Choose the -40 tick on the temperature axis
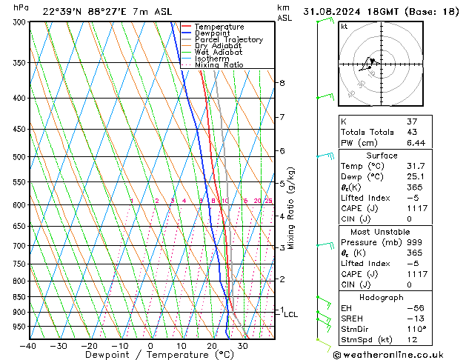[x=29, y=346]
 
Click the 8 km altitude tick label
[x=282, y=83]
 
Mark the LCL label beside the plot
[x=290, y=315]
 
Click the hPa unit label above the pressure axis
[x=21, y=7]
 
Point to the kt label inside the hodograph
[x=344, y=27]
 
